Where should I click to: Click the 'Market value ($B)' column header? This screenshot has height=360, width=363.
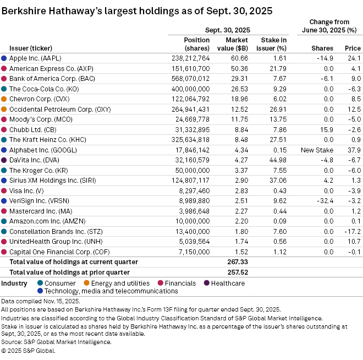coord(238,44)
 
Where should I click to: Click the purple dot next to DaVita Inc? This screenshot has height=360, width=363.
coord(4,160)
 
